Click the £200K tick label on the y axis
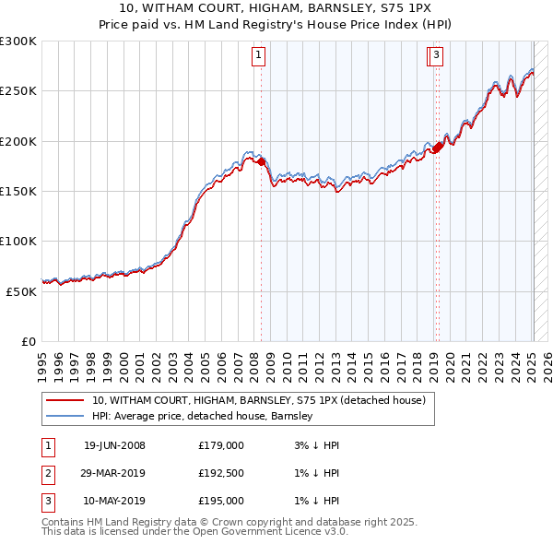[18, 141]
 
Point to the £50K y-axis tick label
[20, 290]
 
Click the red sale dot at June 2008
[262, 162]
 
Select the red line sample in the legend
[65, 401]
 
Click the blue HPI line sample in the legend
[65, 416]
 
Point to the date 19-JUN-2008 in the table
[114, 445]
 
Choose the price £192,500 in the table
[221, 474]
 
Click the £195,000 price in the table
[221, 502]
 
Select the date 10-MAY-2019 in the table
[114, 502]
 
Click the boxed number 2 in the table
[47, 474]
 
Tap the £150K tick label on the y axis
[18, 191]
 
